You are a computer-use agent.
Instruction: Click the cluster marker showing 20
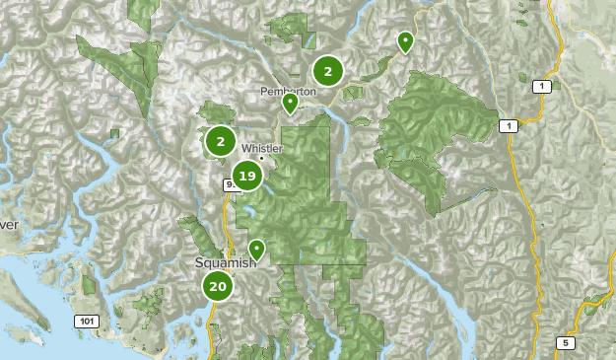(217, 287)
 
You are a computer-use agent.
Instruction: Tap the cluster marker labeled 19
(246, 178)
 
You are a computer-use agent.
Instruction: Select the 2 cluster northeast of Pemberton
(327, 71)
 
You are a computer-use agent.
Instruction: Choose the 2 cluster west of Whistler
(221, 142)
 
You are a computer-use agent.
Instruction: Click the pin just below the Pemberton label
(290, 103)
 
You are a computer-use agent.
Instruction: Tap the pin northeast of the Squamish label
(256, 249)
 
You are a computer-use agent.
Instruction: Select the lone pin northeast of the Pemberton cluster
(405, 41)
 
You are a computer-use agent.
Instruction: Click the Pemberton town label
(288, 90)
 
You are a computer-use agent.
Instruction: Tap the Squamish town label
(225, 263)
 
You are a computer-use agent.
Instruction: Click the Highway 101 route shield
(86, 322)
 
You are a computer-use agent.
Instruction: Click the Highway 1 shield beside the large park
(507, 126)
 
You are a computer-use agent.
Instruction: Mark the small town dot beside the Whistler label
(261, 158)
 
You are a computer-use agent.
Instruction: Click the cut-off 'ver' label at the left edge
(9, 225)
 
